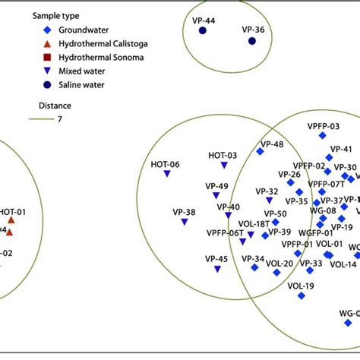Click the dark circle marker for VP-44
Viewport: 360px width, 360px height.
click(203, 30)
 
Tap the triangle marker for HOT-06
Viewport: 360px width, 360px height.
click(166, 174)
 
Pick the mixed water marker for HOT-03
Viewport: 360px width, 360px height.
click(224, 165)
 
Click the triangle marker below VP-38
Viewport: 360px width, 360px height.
click(184, 223)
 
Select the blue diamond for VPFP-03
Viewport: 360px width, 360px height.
click(322, 135)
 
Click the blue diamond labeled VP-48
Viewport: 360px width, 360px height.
click(260, 152)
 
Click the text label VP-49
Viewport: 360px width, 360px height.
click(216, 186)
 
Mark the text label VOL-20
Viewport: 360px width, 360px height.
click(279, 264)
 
